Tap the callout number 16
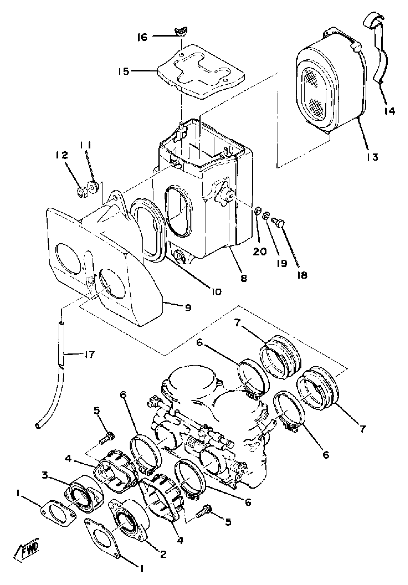pos(143,37)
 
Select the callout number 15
pos(124,71)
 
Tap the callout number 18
pos(302,275)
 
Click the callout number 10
pos(216,291)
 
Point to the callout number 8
pos(244,278)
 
